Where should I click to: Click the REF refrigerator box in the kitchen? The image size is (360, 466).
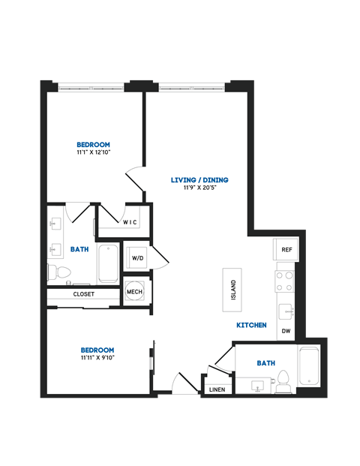click(x=286, y=249)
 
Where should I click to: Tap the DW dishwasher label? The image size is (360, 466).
click(x=286, y=331)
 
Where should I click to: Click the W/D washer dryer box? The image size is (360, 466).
click(x=137, y=258)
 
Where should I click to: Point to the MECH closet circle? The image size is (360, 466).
click(x=135, y=292)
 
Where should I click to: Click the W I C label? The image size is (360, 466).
click(x=130, y=222)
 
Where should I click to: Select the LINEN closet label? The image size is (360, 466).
click(x=216, y=389)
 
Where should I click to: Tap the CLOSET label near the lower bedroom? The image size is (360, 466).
click(x=84, y=294)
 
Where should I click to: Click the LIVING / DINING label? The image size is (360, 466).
click(x=199, y=180)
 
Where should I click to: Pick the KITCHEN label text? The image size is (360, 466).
click(x=251, y=325)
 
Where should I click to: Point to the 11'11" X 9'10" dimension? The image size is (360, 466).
click(x=97, y=359)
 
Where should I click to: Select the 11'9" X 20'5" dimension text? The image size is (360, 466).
click(x=199, y=188)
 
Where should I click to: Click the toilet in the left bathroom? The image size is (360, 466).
click(x=63, y=271)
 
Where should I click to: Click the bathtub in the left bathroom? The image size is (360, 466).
click(x=108, y=263)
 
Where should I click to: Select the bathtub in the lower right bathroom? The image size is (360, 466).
click(x=309, y=367)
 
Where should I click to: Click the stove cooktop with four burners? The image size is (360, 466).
click(x=285, y=281)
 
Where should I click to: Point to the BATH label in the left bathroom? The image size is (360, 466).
click(x=80, y=248)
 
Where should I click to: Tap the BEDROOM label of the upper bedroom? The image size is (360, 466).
click(x=94, y=145)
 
